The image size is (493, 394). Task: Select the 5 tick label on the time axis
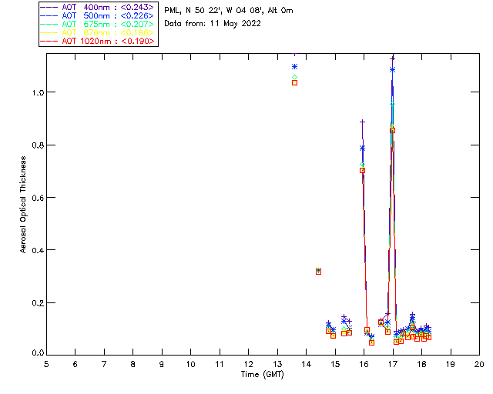46,363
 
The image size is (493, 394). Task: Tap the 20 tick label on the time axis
479,363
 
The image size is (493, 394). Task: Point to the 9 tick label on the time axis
162,363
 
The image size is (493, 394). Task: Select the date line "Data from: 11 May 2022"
213,23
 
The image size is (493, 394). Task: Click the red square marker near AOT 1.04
294,82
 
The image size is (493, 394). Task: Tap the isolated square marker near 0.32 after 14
318,271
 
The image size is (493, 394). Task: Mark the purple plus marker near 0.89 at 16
362,122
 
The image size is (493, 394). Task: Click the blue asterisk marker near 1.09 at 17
392,69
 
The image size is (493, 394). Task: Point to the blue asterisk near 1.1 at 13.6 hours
294,67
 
